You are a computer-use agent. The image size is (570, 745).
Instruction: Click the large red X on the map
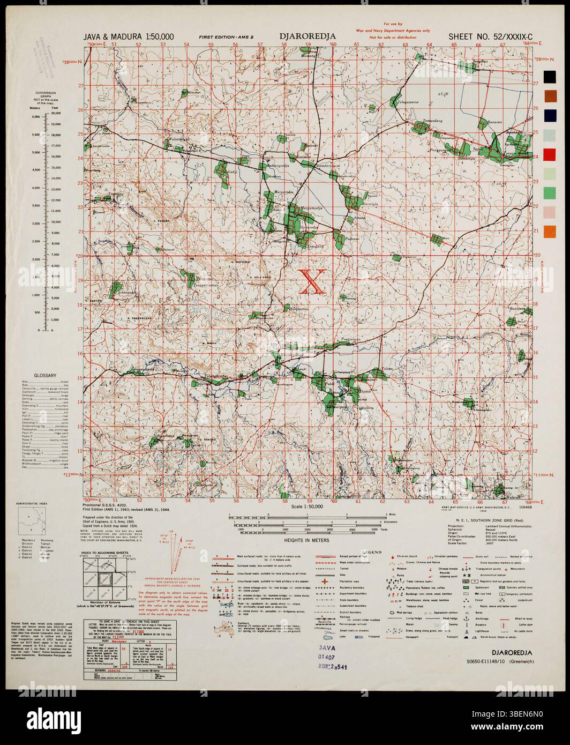(x=311, y=282)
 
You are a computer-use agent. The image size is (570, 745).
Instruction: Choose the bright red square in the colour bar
(x=550, y=154)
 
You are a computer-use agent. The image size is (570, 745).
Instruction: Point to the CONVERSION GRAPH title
(x=45, y=97)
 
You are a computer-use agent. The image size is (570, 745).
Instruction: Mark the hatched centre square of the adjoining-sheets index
(x=106, y=579)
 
